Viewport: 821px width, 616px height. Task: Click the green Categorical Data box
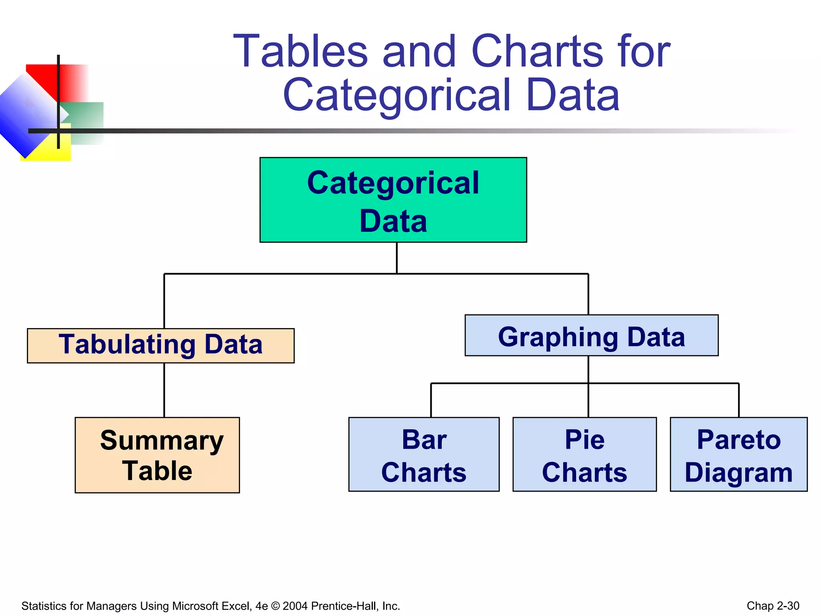(x=393, y=200)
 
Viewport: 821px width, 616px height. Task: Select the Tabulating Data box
(x=160, y=345)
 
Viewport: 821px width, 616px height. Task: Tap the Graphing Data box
(x=591, y=335)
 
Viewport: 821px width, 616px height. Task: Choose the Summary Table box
(x=157, y=455)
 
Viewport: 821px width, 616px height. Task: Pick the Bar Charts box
(x=424, y=454)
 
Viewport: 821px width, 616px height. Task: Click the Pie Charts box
(x=584, y=454)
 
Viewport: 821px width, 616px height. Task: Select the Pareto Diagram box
(x=738, y=454)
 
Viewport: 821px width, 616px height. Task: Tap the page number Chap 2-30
(x=772, y=606)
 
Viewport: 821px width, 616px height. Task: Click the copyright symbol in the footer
(x=275, y=606)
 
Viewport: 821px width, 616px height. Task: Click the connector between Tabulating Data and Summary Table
(x=164, y=390)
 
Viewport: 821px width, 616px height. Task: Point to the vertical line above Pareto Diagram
(x=738, y=400)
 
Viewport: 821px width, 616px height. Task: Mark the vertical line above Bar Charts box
(x=431, y=400)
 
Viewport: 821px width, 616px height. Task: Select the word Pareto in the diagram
(x=738, y=440)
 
